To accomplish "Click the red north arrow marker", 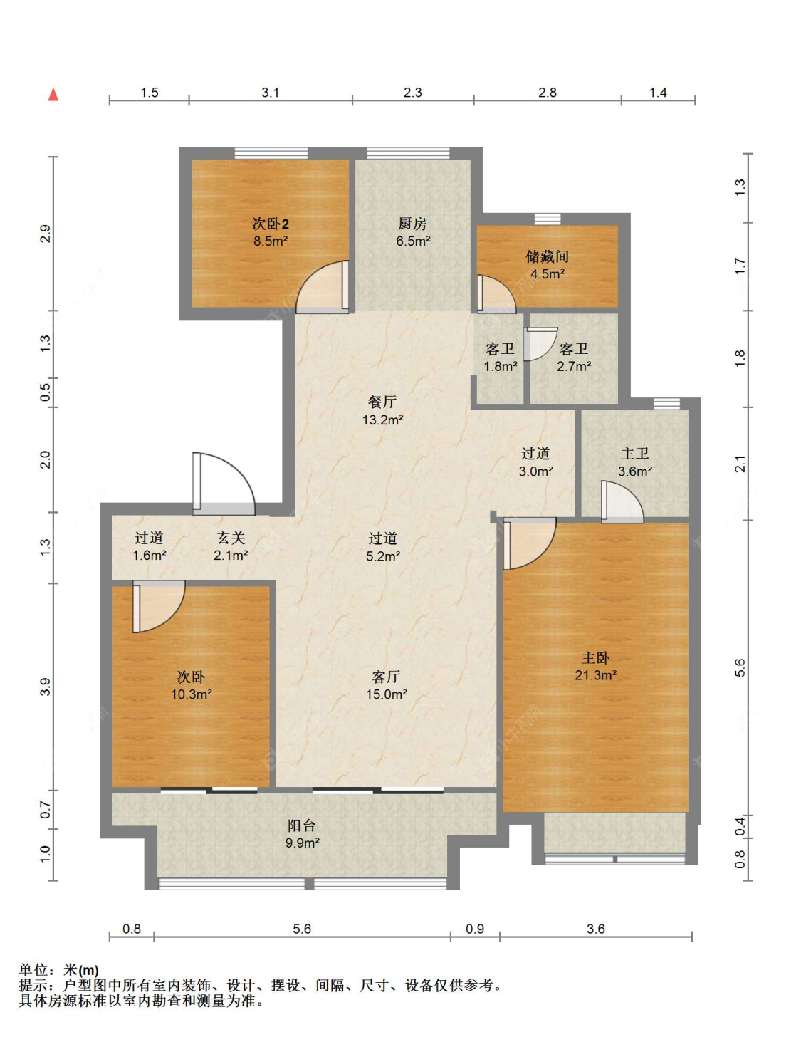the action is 53,95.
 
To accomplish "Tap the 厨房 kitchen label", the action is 413,223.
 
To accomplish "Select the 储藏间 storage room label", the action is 548,256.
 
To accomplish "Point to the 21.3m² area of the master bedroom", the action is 595,674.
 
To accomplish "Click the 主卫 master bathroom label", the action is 635,453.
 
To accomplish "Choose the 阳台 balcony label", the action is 301,825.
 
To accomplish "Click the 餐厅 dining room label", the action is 382,402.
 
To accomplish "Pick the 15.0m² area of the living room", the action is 387,694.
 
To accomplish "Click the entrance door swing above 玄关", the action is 224,483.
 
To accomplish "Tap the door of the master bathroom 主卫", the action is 622,501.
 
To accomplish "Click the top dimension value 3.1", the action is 270,92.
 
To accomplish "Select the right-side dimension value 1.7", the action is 740,266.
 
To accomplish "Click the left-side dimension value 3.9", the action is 45,687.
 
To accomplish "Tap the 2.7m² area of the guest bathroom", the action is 574,366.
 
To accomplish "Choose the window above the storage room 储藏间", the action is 548,219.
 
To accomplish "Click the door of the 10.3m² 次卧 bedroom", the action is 159,606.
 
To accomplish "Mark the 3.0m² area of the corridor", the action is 535,471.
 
